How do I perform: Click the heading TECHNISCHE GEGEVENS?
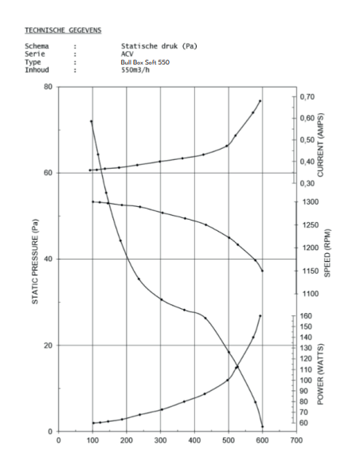pyautogui.click(x=63, y=30)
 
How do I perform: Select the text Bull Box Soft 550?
pyautogui.click(x=145, y=62)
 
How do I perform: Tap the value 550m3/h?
pyautogui.click(x=135, y=70)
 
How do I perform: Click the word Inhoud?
pyautogui.click(x=37, y=70)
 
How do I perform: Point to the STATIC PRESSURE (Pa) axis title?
pyautogui.click(x=35, y=261)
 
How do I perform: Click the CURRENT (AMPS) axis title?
pyautogui.click(x=321, y=145)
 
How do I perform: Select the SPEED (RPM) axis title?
pyautogui.click(x=327, y=253)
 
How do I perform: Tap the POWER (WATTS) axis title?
pyautogui.click(x=320, y=374)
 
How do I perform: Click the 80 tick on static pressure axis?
pyautogui.click(x=48, y=87)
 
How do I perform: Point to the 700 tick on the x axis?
pyautogui.click(x=296, y=440)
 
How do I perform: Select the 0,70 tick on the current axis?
pyautogui.click(x=307, y=96)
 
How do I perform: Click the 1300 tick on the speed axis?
pyautogui.click(x=311, y=202)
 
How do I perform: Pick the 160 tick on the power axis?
pyautogui.click(x=306, y=316)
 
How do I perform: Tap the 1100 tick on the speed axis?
pyautogui.click(x=311, y=294)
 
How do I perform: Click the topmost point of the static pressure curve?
pyautogui.click(x=92, y=121)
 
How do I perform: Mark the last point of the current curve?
pyautogui.click(x=260, y=101)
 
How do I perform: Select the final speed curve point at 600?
pyautogui.click(x=262, y=271)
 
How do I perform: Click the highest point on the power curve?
pyautogui.click(x=260, y=316)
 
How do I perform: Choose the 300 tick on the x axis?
pyautogui.click(x=160, y=440)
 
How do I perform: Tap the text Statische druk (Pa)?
pyautogui.click(x=159, y=46)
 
